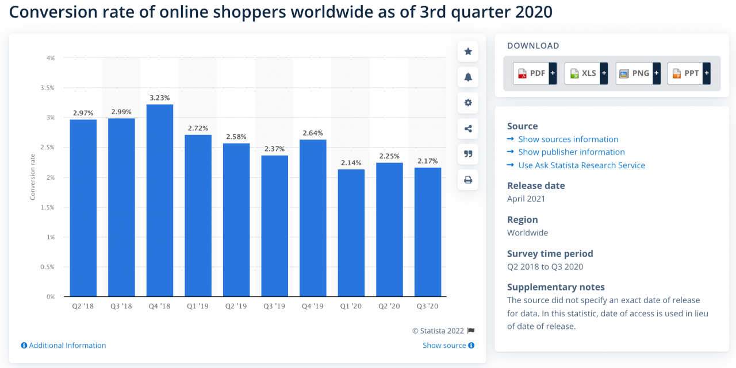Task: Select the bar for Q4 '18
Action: pos(160,200)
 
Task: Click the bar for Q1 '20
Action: pos(351,233)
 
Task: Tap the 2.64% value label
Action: pos(313,133)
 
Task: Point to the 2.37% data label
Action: pos(274,149)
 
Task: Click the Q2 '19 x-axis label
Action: pos(236,307)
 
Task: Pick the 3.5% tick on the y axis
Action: pos(47,88)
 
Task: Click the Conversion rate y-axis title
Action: pos(33,177)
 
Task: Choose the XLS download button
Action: pos(585,73)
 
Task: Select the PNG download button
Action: pos(637,73)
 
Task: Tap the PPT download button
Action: pos(688,73)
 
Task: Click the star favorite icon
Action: pos(468,52)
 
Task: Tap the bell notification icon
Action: pos(468,78)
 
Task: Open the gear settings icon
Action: pos(468,103)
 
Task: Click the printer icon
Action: pos(468,180)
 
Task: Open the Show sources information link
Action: pos(568,139)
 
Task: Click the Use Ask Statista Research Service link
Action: pos(581,165)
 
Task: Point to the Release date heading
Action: pos(536,185)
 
